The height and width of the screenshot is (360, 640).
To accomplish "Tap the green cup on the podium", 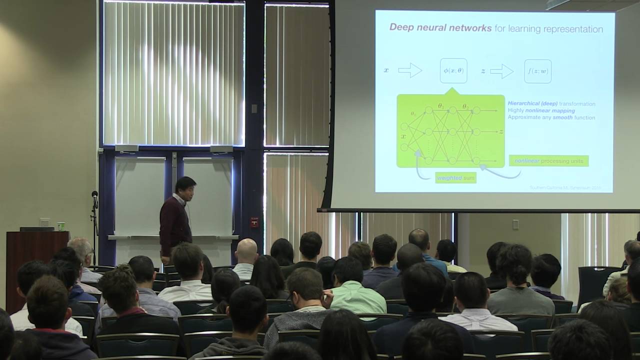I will (60, 226).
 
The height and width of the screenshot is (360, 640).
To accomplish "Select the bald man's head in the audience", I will (246, 251).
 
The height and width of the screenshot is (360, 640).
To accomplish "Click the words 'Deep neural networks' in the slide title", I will (440, 28).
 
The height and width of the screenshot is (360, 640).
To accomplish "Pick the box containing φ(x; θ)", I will (453, 71).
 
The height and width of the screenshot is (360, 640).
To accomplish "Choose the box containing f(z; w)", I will (537, 71).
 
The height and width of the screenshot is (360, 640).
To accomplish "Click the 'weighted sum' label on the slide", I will (455, 177).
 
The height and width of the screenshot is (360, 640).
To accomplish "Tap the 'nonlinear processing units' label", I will (548, 161).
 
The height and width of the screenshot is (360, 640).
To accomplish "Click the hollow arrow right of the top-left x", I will (410, 70).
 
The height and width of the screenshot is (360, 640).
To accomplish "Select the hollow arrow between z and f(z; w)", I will (501, 71).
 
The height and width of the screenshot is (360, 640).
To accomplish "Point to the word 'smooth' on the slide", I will (562, 117).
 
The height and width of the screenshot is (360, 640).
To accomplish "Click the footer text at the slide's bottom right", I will (564, 188).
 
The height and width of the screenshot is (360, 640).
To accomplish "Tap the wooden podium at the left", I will (36, 265).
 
